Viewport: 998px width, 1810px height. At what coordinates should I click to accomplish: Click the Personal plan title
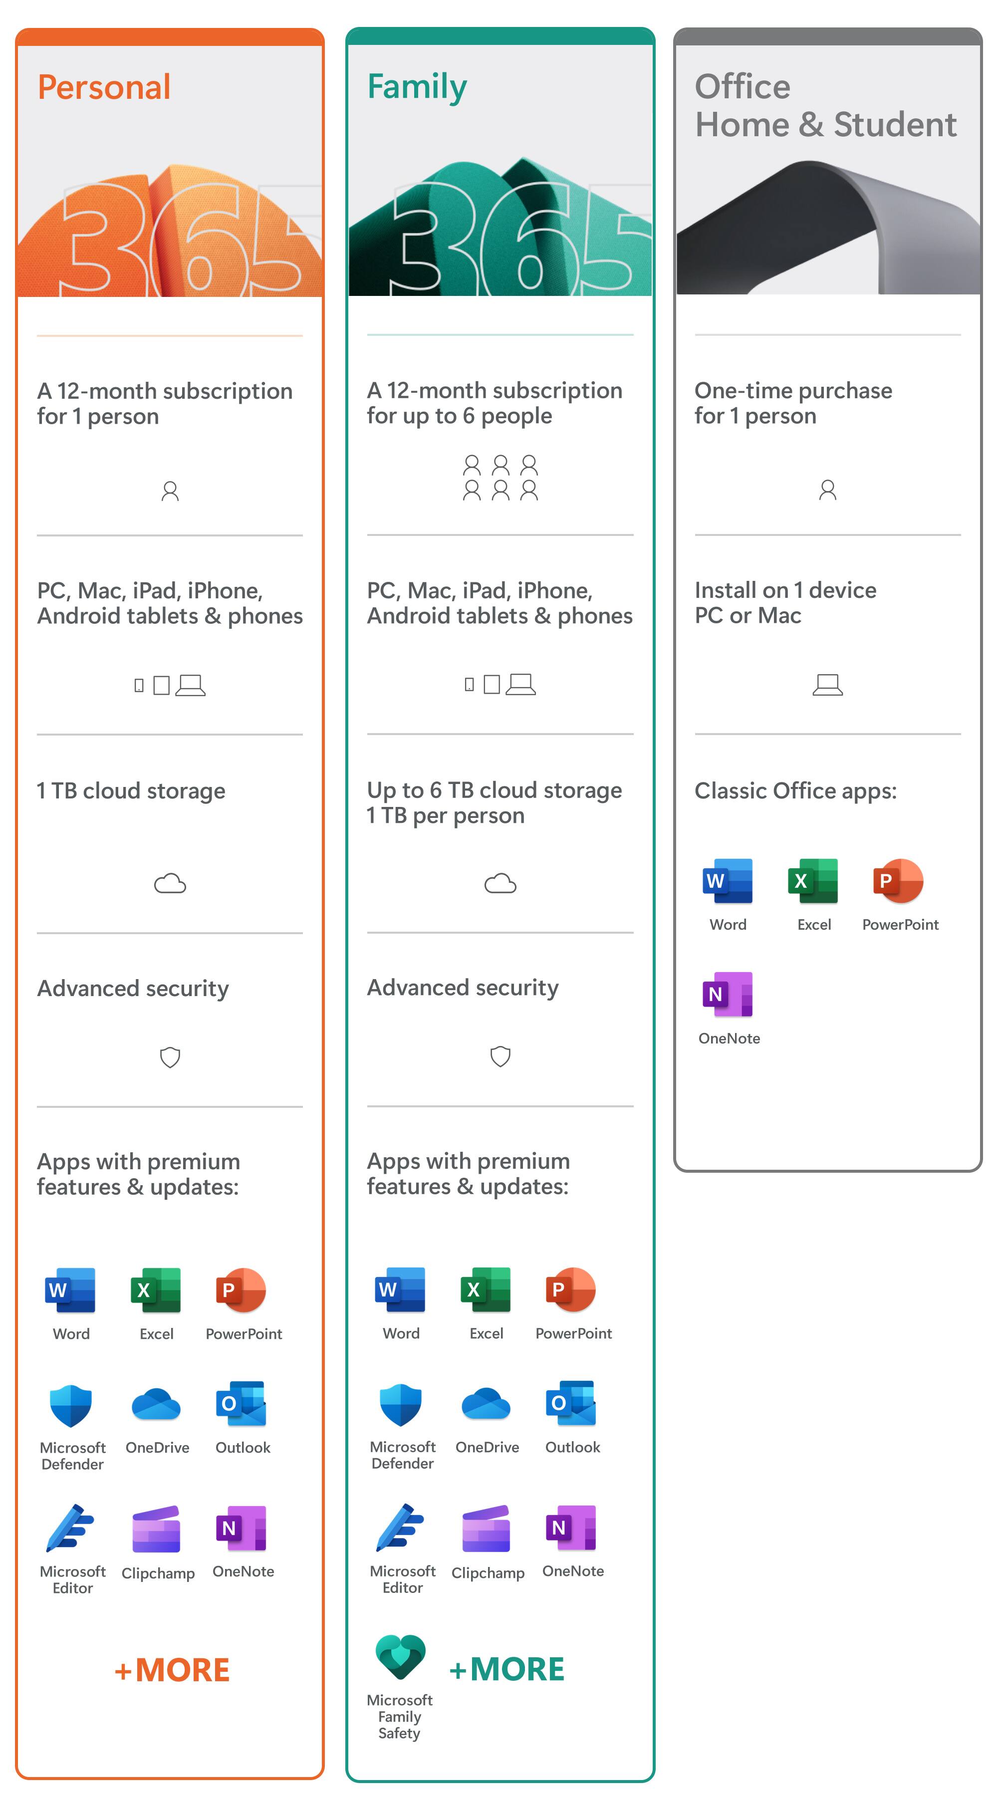[104, 88]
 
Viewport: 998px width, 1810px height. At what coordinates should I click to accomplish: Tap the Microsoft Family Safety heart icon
[401, 1655]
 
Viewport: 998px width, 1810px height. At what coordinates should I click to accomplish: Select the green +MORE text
[506, 1669]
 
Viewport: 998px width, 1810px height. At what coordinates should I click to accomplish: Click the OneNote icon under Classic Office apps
[728, 994]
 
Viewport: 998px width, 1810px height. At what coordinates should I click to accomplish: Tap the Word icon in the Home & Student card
[728, 880]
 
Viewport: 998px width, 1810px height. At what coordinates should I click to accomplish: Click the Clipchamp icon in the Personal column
[157, 1529]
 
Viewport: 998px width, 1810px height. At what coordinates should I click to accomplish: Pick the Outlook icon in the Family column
[571, 1403]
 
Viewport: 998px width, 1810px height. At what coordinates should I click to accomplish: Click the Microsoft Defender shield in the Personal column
[71, 1405]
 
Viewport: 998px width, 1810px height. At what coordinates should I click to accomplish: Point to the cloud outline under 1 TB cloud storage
[170, 883]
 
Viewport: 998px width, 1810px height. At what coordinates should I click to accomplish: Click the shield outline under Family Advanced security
[500, 1056]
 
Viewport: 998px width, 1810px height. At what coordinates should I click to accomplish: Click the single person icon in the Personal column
[170, 491]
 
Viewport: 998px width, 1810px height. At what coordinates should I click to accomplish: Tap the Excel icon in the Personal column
[156, 1290]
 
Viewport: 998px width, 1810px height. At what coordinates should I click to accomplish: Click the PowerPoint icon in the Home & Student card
[898, 880]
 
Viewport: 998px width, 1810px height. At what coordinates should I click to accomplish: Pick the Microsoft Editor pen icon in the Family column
[401, 1528]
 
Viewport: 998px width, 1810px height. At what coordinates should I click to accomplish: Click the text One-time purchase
[793, 391]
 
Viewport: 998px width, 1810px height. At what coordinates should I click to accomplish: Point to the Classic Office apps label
[795, 791]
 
